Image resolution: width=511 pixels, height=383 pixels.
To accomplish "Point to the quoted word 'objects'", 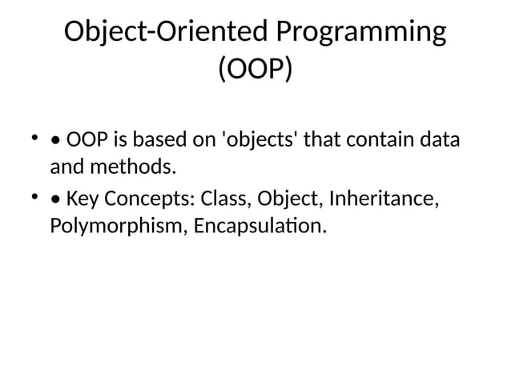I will (x=256, y=140).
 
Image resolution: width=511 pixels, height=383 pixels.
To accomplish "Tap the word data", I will (x=441, y=140).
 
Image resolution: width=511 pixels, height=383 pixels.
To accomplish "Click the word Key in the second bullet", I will (x=82, y=198).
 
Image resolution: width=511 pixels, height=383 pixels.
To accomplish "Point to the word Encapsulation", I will (x=260, y=226).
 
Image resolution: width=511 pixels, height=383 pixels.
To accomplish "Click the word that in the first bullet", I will (x=324, y=140).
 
